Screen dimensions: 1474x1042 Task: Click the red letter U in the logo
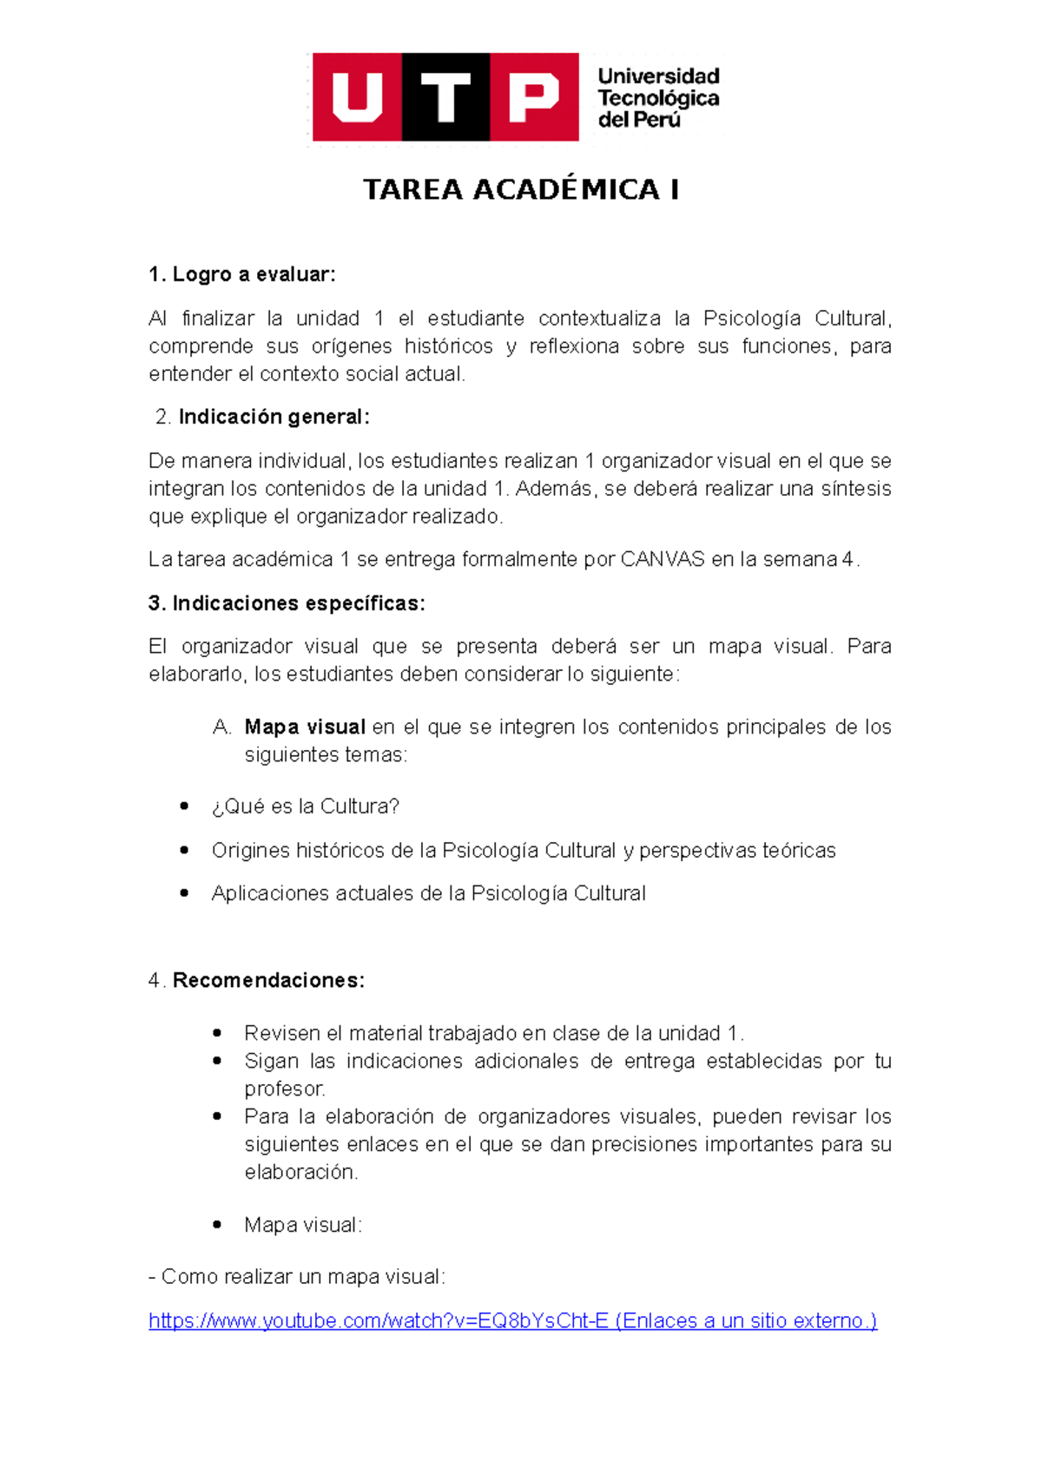357,97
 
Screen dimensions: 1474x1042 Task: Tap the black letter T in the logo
445,97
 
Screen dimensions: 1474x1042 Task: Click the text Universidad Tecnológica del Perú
657,98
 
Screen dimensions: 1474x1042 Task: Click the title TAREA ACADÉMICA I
520,189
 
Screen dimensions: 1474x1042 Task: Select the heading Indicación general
274,417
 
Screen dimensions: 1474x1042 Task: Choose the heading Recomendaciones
268,980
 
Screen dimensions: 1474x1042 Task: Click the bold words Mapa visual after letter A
305,727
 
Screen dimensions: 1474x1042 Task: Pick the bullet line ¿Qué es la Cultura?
305,806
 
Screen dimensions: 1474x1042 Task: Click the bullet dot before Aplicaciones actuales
184,892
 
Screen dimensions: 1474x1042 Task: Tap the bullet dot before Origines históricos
184,850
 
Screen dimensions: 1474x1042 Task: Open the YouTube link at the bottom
379,1320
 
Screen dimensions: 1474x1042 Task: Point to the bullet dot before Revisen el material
217,1033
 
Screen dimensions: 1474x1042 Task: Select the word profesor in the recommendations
284,1089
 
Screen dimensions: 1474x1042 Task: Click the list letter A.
221,727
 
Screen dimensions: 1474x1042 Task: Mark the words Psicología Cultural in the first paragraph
795,319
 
